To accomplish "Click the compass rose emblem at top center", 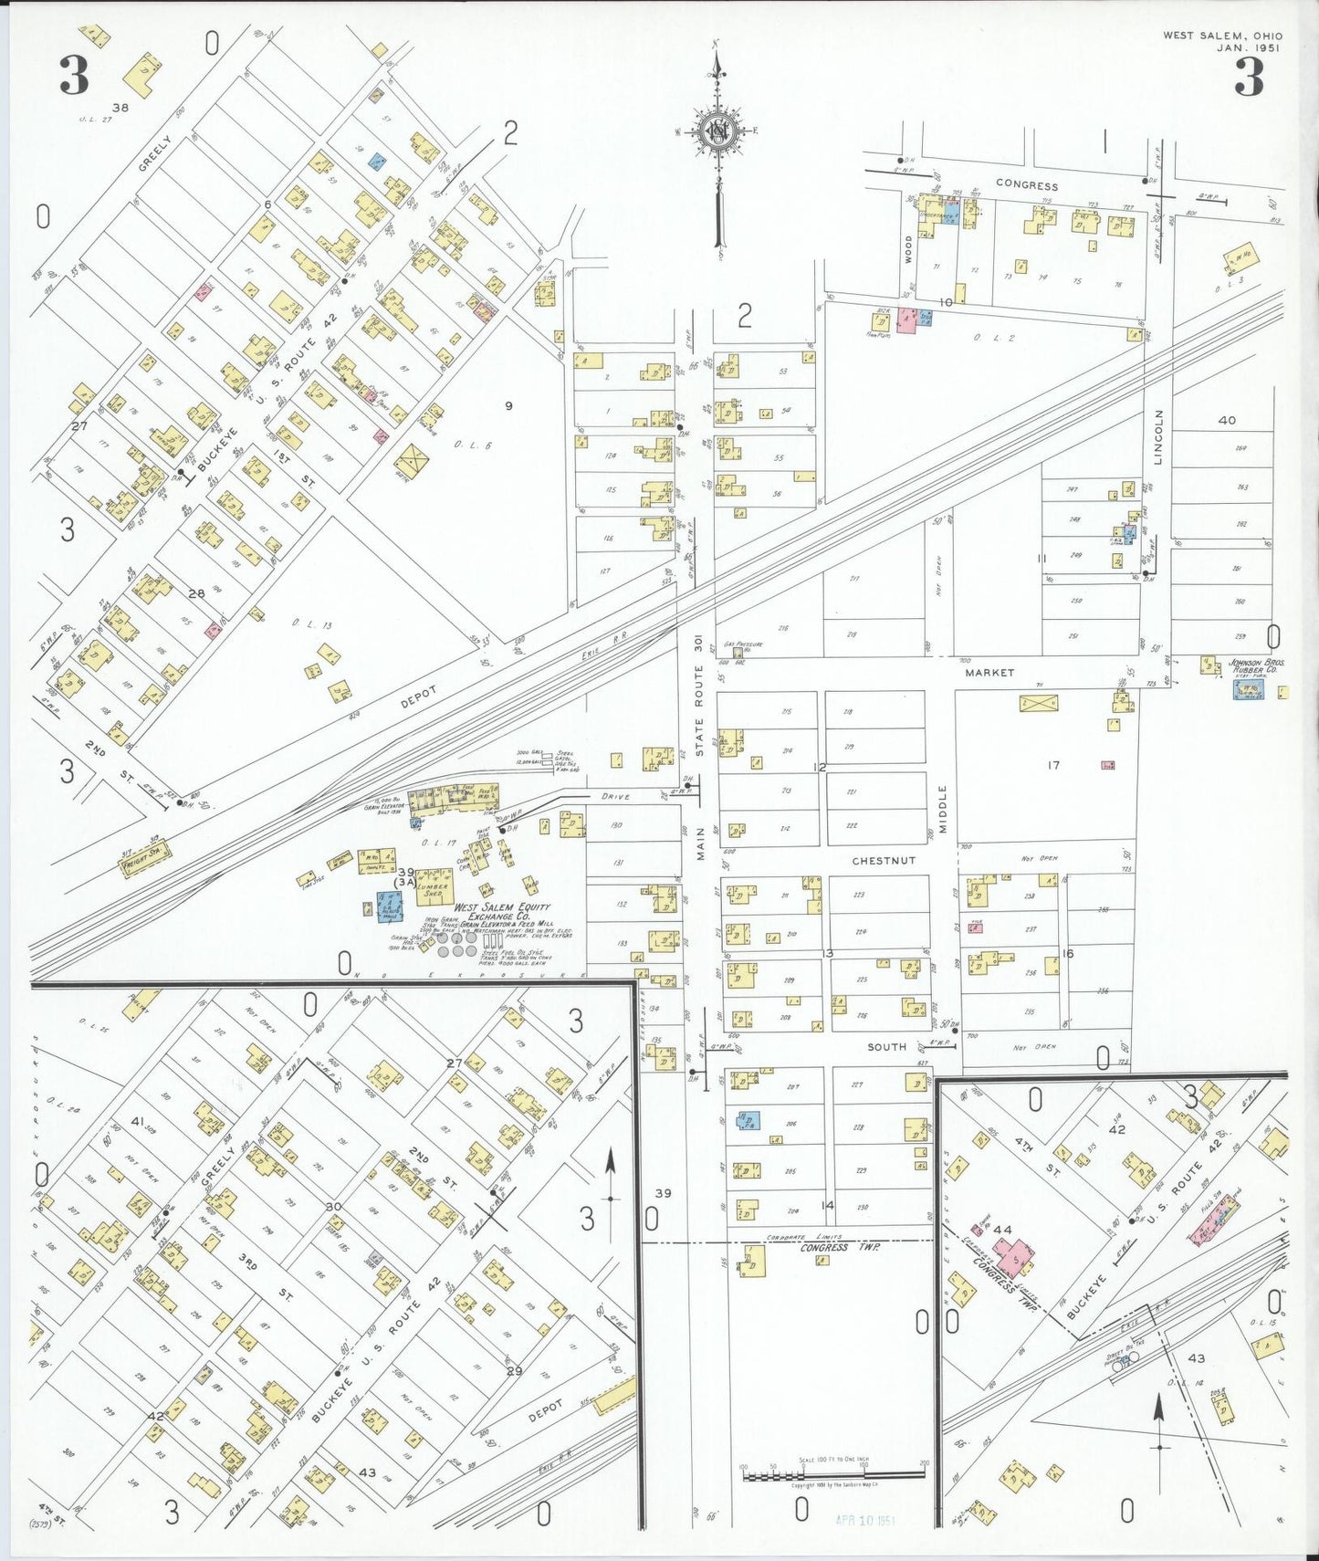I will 718,131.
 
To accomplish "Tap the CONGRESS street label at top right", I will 1027,184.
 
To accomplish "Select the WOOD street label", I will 908,249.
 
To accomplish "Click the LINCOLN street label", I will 1158,437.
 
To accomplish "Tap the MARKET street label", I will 989,673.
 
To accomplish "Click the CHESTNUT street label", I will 883,861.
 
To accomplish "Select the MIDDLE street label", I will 943,809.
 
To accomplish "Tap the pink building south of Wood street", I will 907,320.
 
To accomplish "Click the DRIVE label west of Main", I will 614,796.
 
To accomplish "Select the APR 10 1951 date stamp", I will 864,1521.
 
